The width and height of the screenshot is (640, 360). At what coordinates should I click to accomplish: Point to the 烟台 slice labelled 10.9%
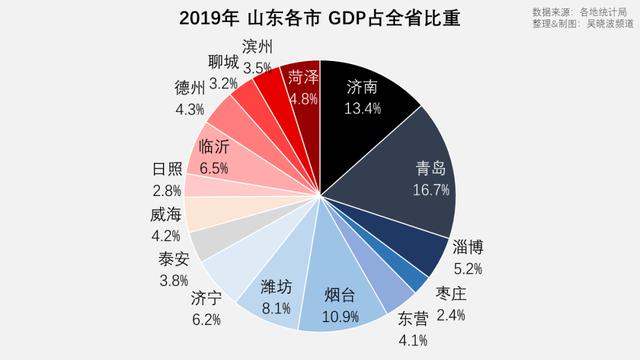coord(345,301)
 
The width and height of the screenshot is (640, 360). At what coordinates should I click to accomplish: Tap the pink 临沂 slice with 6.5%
coord(215,151)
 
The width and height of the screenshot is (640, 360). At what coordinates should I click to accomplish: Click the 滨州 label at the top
coord(257,48)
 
